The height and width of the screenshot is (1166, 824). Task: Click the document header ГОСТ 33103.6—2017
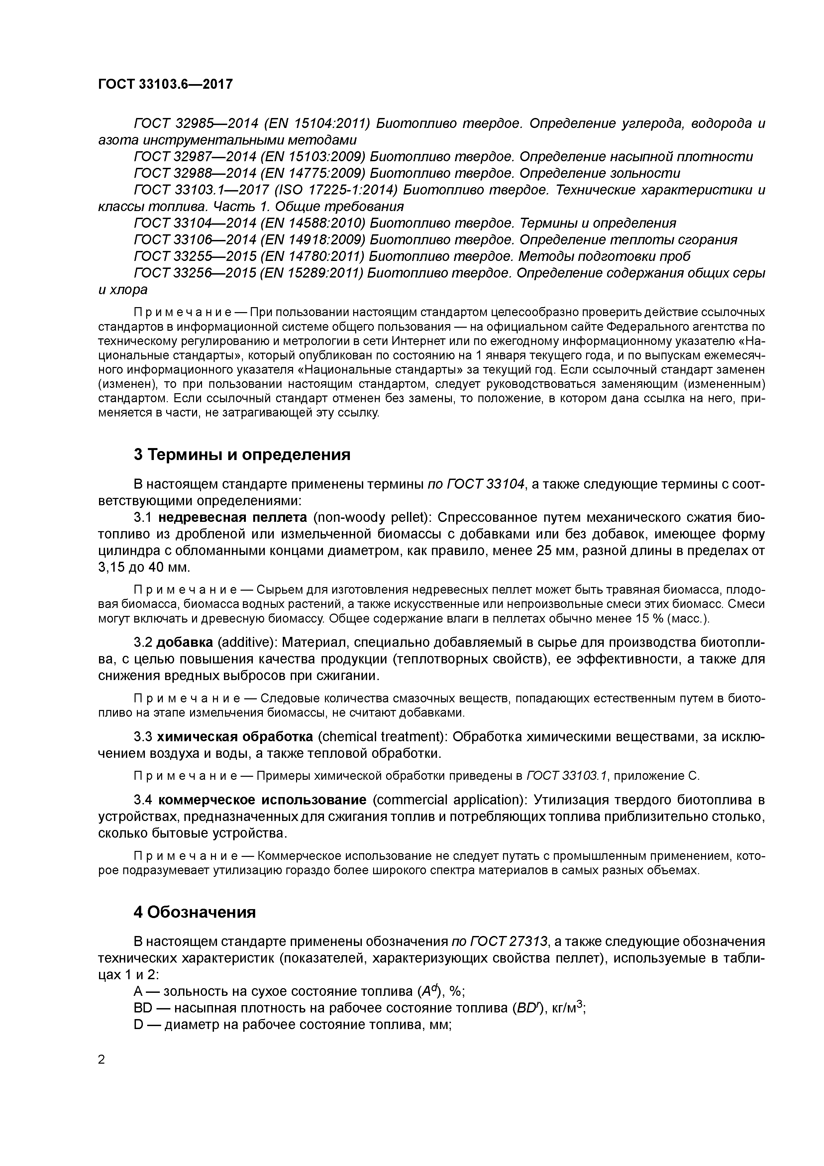pos(165,84)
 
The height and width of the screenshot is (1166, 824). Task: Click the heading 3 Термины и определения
pos(242,454)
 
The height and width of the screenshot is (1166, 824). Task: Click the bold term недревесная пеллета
pos(233,518)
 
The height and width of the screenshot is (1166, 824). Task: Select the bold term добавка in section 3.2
pos(184,643)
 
